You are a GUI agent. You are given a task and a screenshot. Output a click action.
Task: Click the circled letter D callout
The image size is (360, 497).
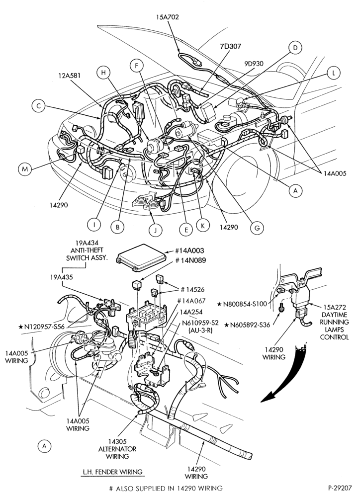(x=295, y=48)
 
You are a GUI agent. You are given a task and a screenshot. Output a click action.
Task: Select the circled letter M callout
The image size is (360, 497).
(x=24, y=169)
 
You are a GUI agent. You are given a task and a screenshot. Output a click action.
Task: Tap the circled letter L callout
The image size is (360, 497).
(x=333, y=73)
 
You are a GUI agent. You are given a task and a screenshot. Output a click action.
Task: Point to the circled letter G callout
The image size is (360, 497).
(x=257, y=228)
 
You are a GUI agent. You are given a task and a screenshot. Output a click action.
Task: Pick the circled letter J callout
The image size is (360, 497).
(x=156, y=230)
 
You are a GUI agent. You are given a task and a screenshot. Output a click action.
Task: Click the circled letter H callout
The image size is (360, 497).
(x=103, y=73)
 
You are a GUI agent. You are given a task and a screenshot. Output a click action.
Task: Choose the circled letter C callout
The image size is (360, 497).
(x=39, y=106)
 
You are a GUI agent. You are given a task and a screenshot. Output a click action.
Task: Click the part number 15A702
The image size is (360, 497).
(x=167, y=17)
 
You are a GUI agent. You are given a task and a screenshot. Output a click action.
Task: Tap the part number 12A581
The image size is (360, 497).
(x=69, y=76)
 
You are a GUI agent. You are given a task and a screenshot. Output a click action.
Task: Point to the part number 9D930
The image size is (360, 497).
(x=254, y=64)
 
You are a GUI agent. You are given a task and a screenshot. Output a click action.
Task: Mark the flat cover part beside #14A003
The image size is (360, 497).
(x=141, y=257)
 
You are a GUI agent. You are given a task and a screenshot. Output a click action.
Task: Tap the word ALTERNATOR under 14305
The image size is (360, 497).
(x=117, y=449)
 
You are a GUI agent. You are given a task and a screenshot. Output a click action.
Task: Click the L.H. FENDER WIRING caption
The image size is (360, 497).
(x=112, y=472)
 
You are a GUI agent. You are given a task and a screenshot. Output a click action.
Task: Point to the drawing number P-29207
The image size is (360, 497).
(x=342, y=488)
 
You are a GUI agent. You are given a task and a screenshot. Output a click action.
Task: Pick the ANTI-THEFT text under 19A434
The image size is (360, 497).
(x=87, y=250)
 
